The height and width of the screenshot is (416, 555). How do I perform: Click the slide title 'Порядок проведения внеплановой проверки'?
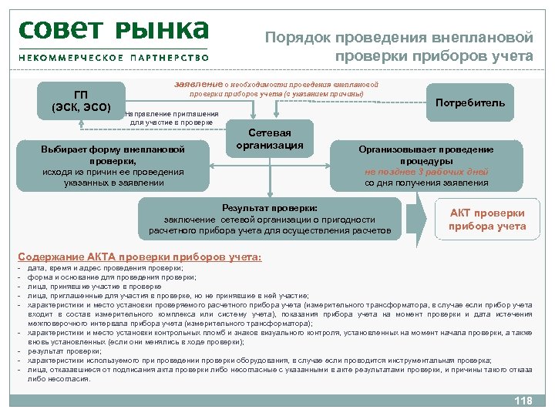pos(399,46)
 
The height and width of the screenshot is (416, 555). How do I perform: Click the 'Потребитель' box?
pos(470,102)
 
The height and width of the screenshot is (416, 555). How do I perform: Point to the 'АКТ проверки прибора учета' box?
pos(486,220)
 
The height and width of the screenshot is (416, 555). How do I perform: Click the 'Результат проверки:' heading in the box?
pos(269,208)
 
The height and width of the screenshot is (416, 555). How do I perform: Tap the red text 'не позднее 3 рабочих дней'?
pos(426,172)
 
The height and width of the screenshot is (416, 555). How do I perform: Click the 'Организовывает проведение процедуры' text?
pos(426,155)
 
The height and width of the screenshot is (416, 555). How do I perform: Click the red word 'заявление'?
pos(200,84)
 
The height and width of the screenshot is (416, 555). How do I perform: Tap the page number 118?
pos(522,401)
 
